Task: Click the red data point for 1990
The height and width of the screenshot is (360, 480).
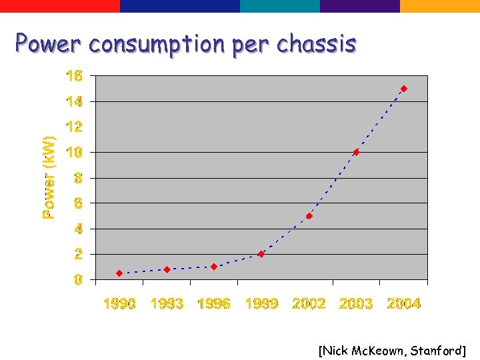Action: pos(119,273)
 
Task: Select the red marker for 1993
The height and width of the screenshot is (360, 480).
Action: pos(167,269)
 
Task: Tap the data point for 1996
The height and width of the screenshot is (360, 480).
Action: pos(214,267)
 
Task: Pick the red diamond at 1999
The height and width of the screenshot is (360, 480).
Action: pos(261,254)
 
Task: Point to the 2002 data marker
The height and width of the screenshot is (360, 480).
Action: pos(309,216)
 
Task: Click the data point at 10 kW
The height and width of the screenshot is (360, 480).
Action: pos(356,152)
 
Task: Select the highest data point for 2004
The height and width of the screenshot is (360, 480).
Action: pos(404,89)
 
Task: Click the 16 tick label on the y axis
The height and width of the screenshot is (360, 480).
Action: pos(74,76)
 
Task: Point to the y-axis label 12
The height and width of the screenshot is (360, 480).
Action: pos(74,127)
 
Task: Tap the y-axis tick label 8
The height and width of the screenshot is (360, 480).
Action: pos(78,178)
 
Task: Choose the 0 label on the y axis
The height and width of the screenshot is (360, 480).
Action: pos(78,280)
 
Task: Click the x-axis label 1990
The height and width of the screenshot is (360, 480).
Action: pos(119,304)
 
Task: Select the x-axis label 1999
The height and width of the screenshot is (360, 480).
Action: pos(261,304)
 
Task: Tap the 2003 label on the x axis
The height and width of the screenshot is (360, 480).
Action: pos(356,304)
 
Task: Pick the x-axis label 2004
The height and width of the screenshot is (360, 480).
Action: pos(404,304)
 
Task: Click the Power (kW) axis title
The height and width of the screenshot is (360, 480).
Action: pos(49,177)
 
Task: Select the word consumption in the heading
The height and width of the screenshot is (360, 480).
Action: pos(157,45)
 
